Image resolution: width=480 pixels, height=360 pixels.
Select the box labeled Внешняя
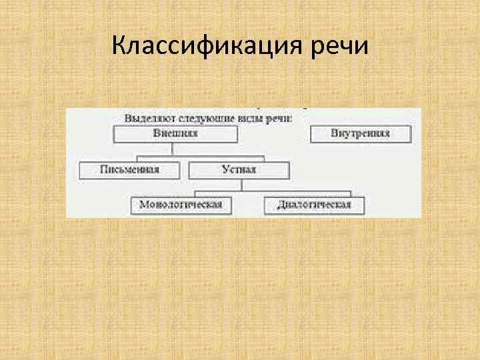[x=175, y=133]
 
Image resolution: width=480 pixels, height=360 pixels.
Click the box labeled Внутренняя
[x=361, y=133]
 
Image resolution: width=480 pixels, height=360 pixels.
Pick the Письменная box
[x=129, y=169]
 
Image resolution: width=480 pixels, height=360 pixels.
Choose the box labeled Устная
[x=239, y=169]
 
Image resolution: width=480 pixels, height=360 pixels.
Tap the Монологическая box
[x=180, y=204]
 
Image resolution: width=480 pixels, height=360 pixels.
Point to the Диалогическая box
[x=314, y=204]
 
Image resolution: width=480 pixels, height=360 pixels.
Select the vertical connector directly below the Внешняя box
[x=175, y=149]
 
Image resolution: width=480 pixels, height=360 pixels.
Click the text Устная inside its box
[x=239, y=169]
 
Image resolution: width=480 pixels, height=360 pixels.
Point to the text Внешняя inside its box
[x=175, y=133]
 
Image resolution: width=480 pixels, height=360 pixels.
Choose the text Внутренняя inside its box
[x=361, y=133]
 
